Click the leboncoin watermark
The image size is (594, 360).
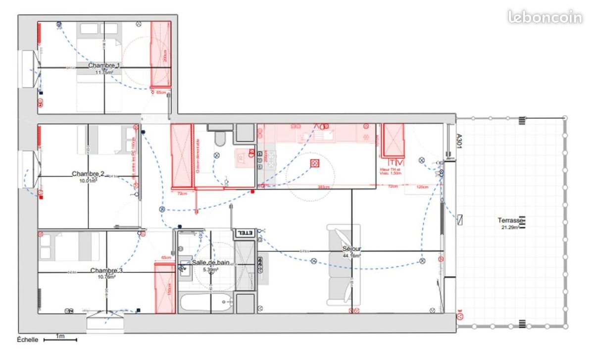[544, 17]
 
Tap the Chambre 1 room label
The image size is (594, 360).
[104, 65]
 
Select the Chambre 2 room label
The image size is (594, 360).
[88, 174]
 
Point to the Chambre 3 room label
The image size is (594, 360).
[106, 271]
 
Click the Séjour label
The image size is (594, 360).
[351, 249]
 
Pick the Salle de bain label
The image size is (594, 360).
[210, 263]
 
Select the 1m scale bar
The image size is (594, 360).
[60, 340]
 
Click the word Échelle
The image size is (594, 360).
[28, 340]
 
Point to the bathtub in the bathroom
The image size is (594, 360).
[206, 303]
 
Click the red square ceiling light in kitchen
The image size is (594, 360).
[314, 163]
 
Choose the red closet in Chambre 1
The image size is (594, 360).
[160, 54]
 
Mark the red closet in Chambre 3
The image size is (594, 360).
[165, 288]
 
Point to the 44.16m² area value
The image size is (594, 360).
[351, 256]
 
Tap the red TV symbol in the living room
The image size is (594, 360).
[396, 162]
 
